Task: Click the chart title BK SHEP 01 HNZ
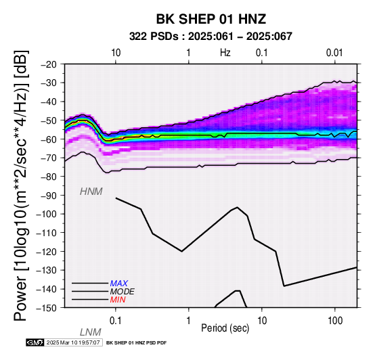211,19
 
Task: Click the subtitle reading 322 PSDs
154,37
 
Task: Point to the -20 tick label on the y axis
49,64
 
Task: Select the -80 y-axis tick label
49,177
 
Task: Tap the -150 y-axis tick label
47,308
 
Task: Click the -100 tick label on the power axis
47,214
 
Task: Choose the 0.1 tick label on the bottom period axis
115,321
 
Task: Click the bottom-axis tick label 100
335,321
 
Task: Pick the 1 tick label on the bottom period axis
188,321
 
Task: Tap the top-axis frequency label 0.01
334,53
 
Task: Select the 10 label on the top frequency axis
116,53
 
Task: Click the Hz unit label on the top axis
225,53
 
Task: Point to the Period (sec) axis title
225,328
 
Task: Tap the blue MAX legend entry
119,284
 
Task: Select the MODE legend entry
123,292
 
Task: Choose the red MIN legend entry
118,300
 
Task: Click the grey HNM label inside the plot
91,192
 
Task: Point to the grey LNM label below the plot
91,332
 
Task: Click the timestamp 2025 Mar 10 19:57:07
73,342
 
